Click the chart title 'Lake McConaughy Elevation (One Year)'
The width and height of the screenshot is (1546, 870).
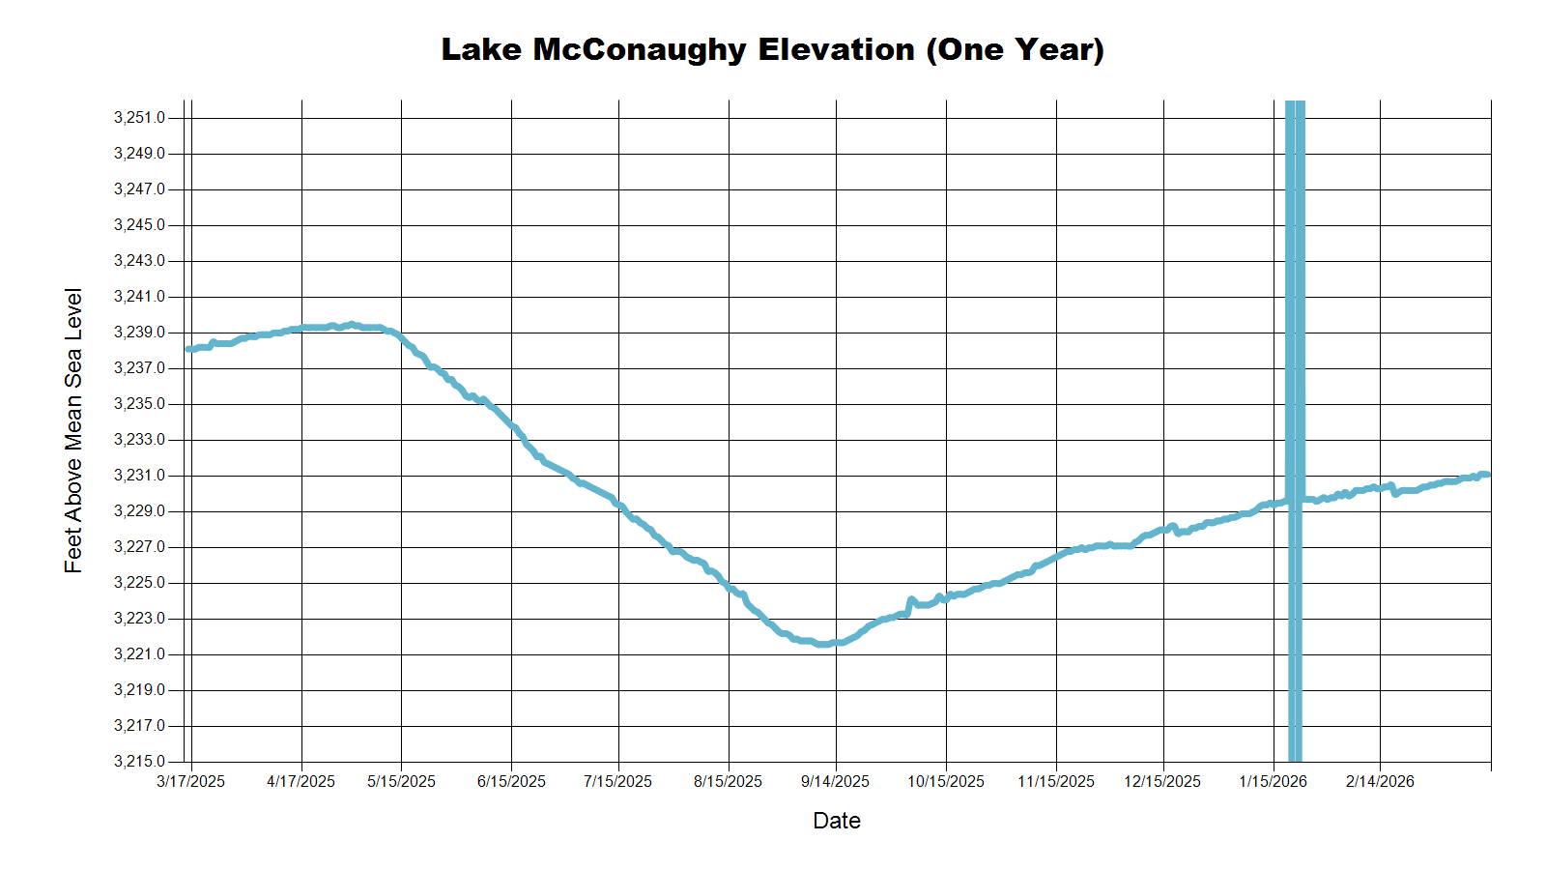[x=772, y=49]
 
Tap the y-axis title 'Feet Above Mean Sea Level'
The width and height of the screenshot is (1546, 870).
[x=73, y=430]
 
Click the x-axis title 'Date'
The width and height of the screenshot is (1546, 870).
[x=837, y=821]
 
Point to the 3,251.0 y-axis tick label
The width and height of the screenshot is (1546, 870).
[x=139, y=118]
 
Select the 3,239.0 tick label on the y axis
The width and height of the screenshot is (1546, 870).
[x=139, y=333]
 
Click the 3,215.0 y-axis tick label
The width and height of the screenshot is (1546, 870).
[x=139, y=762]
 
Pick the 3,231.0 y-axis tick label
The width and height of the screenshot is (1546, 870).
[x=139, y=476]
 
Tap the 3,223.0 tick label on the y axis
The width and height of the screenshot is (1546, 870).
[x=139, y=619]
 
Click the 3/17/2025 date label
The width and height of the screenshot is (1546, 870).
[x=190, y=781]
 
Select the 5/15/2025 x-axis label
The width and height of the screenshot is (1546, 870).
[x=401, y=781]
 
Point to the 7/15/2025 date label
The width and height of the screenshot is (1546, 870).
[x=617, y=781]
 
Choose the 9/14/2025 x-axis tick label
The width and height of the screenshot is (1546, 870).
[x=835, y=781]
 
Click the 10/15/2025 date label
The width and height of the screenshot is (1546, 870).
[x=945, y=781]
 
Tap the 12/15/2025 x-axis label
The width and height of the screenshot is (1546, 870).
[x=1162, y=781]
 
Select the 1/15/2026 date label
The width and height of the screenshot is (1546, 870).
[x=1273, y=781]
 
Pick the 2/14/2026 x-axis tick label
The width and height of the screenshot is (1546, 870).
[x=1380, y=781]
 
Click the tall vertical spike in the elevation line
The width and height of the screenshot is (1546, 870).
[x=1295, y=290]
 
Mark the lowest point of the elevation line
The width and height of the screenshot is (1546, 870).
[x=822, y=643]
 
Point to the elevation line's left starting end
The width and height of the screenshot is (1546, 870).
[x=188, y=349]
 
